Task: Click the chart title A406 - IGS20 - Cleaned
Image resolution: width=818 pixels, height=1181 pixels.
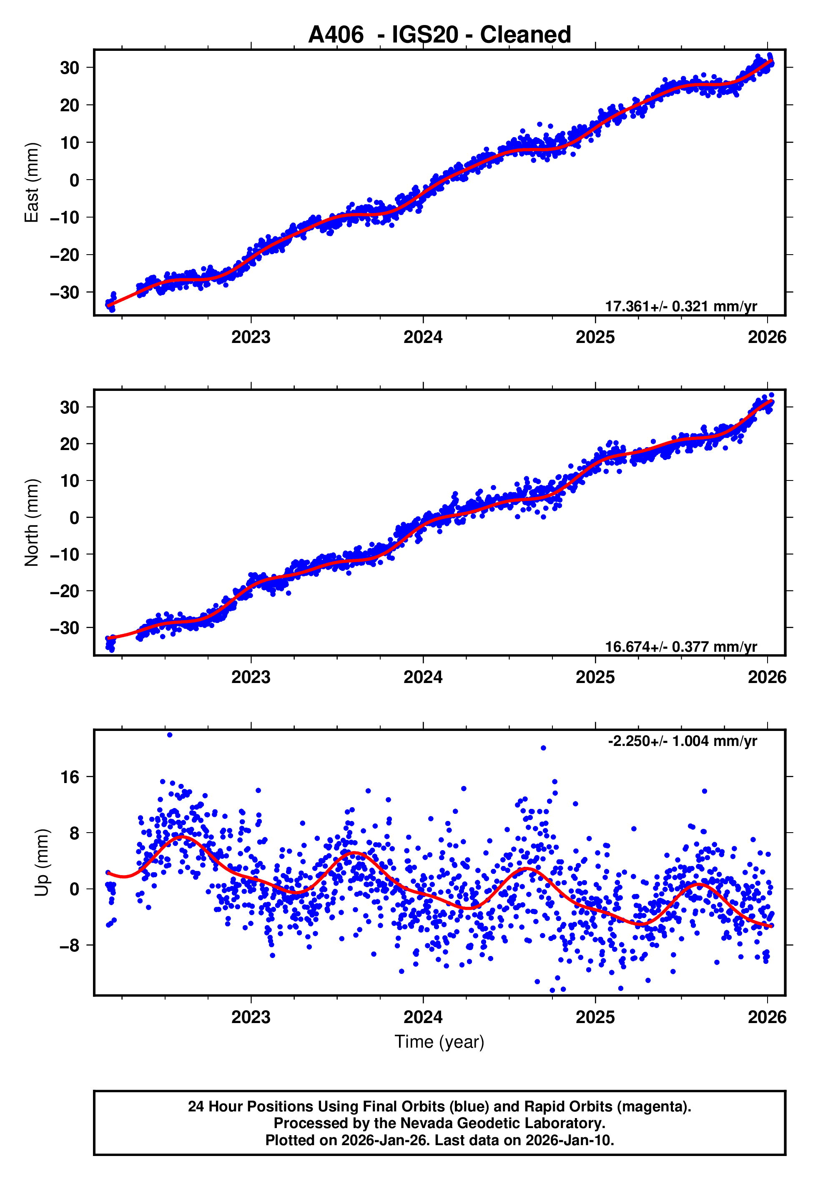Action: (439, 35)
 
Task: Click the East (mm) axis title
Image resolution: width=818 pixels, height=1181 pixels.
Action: (32, 183)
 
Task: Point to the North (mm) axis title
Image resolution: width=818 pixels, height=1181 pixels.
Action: (32, 523)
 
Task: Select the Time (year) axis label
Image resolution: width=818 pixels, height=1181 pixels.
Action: (439, 1042)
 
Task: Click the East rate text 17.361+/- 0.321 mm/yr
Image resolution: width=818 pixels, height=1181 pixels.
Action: (681, 306)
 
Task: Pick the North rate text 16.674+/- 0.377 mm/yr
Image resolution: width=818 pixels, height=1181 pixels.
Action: (681, 647)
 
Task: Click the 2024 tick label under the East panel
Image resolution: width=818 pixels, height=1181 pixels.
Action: (423, 337)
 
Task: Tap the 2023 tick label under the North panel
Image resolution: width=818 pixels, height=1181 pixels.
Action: (251, 677)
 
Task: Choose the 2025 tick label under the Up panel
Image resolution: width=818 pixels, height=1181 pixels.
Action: (595, 1017)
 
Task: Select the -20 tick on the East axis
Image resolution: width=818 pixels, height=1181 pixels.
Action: (65, 255)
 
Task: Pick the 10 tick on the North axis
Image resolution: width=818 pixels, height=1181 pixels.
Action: (70, 481)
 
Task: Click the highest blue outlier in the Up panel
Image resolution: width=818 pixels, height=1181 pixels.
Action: (170, 735)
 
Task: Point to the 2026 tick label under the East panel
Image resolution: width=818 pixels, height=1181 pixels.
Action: (767, 337)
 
